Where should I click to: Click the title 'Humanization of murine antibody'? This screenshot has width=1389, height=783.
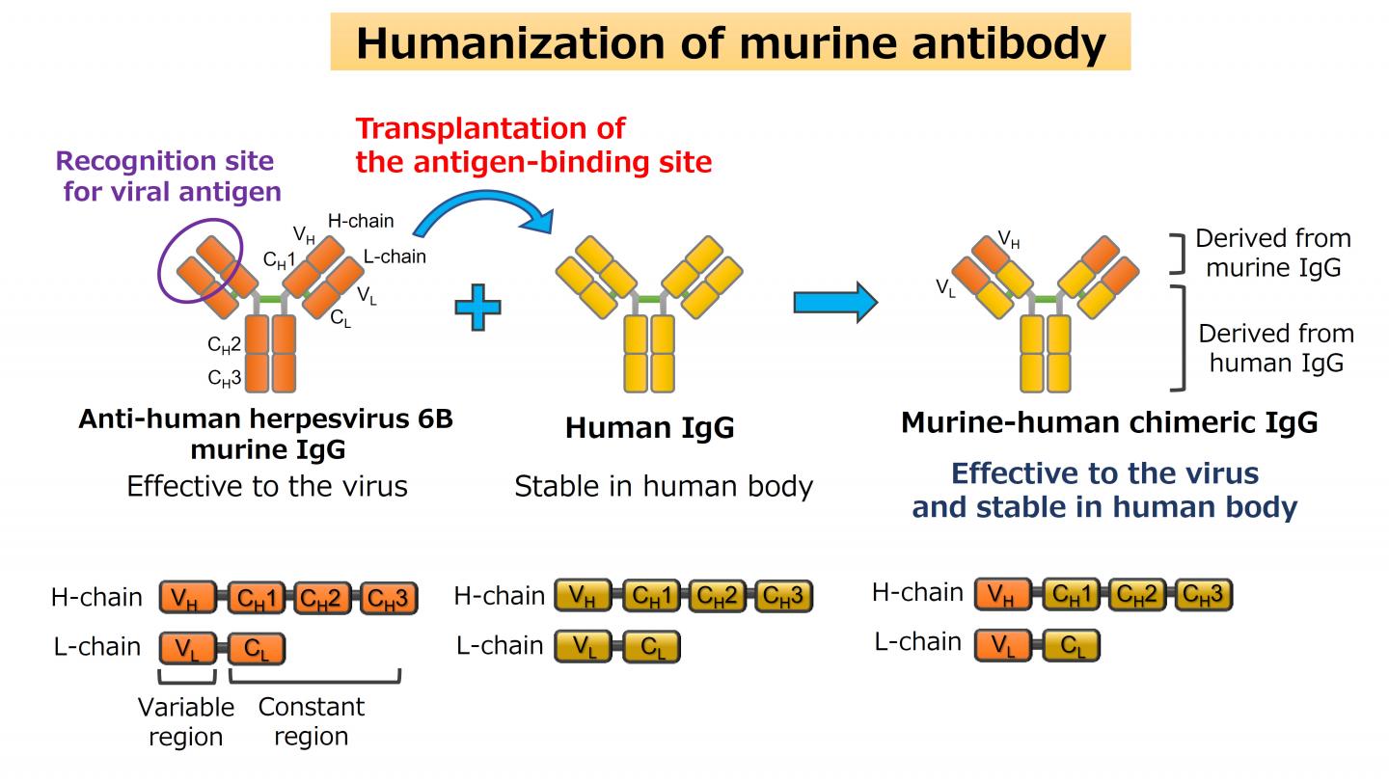coord(730,42)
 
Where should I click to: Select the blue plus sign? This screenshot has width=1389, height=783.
coord(478,309)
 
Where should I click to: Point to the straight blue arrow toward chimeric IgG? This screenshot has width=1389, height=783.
coord(834,303)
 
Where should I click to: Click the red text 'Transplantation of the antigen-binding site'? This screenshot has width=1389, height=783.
coord(533,145)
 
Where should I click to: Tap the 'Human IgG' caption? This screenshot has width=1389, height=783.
coord(649,427)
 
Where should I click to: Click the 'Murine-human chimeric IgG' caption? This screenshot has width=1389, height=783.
coord(1109,422)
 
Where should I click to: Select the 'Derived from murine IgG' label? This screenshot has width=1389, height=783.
coord(1273,253)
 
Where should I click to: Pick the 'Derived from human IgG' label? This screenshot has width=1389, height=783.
coord(1276,348)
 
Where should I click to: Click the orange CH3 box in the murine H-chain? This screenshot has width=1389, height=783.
coord(389,599)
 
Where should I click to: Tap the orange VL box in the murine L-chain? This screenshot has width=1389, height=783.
coord(188,649)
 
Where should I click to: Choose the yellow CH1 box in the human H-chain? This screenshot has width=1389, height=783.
coord(651,596)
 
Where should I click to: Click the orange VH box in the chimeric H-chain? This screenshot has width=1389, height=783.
coord(1003,595)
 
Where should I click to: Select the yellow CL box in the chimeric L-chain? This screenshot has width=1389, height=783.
coord(1071,644)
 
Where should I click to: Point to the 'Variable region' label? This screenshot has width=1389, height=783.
coord(185,721)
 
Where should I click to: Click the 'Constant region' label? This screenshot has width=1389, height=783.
coord(311,721)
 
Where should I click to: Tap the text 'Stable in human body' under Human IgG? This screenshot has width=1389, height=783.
coord(663,486)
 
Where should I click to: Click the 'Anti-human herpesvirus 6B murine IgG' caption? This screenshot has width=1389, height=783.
coord(265,434)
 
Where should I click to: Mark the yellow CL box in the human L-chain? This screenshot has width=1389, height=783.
coord(651,646)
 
